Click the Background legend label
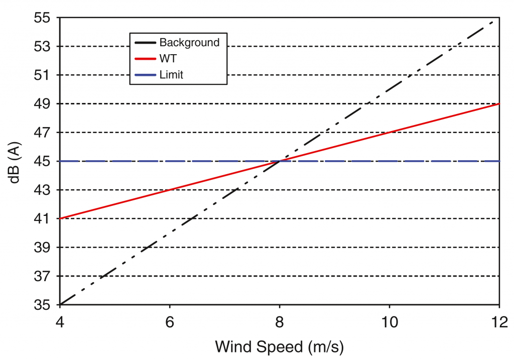(189, 42)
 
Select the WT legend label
(168, 59)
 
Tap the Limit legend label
(171, 75)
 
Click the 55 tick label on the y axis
(43, 18)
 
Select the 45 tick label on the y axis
(43, 161)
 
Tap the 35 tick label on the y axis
(43, 305)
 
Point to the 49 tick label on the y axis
(43, 104)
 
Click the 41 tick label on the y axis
(43, 218)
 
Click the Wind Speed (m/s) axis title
(279, 347)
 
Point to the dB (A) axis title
(16, 161)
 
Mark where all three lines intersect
(280, 161)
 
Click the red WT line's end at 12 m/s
(499, 104)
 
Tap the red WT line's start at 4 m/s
(60, 218)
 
